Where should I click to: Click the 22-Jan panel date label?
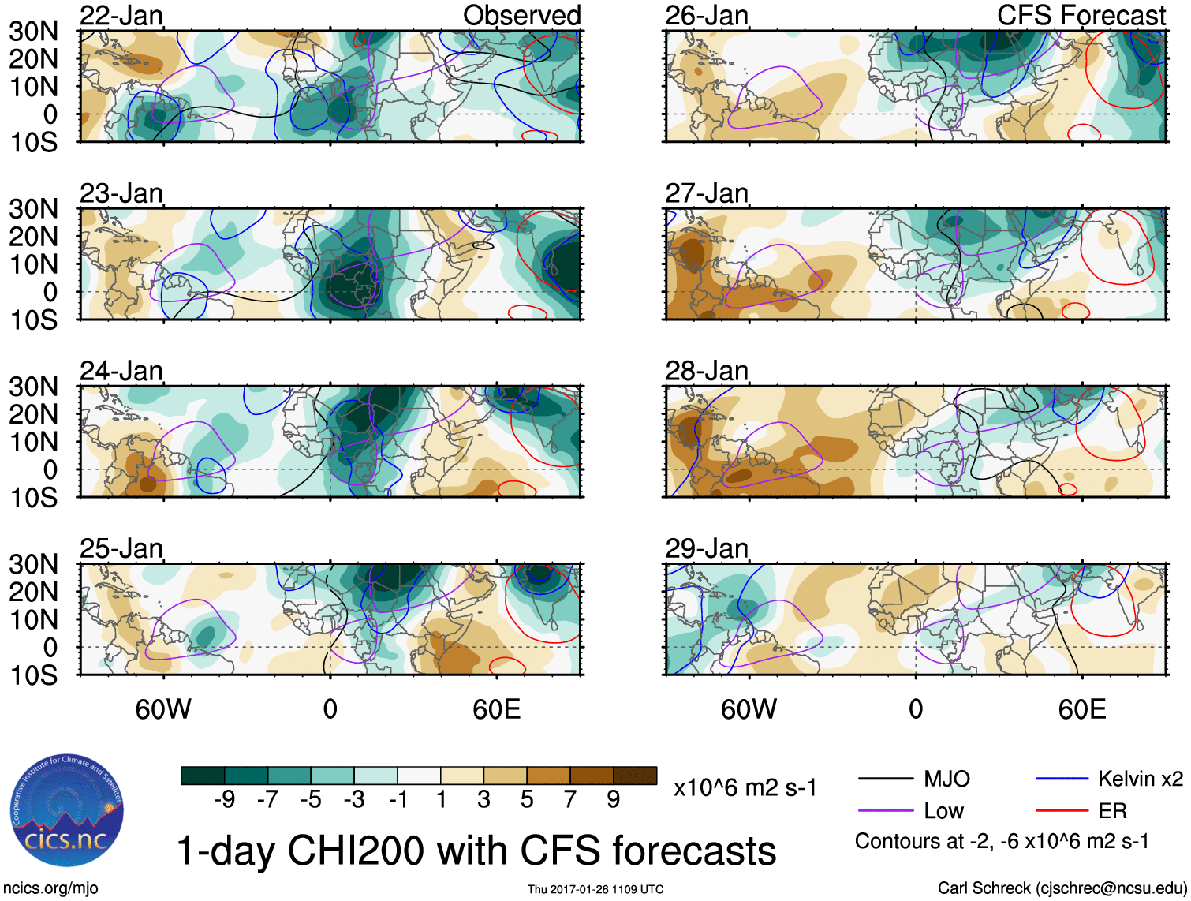pyautogui.click(x=121, y=16)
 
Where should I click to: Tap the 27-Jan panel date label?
pyautogui.click(x=706, y=193)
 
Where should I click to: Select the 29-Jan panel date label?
pyautogui.click(x=706, y=548)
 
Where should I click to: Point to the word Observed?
pyautogui.click(x=521, y=16)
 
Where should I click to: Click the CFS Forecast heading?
pyautogui.click(x=1081, y=16)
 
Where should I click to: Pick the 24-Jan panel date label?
pyautogui.click(x=121, y=371)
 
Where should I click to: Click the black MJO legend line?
pyautogui.click(x=885, y=779)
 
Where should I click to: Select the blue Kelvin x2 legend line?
pyautogui.click(x=1062, y=779)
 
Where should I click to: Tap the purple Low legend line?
pyautogui.click(x=885, y=811)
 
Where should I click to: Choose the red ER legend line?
pyautogui.click(x=1062, y=811)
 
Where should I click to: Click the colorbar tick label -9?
pyautogui.click(x=224, y=800)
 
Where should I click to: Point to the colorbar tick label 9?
pyautogui.click(x=614, y=800)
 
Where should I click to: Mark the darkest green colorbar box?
pyautogui.click(x=203, y=776)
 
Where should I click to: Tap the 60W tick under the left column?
pyautogui.click(x=163, y=709)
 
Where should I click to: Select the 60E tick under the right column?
pyautogui.click(x=1081, y=709)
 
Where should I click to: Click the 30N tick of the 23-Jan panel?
pyautogui.click(x=33, y=209)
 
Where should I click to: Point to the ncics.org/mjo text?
pyautogui.click(x=50, y=888)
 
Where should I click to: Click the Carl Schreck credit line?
pyautogui.click(x=1062, y=888)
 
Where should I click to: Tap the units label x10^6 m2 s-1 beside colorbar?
pyautogui.click(x=745, y=787)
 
